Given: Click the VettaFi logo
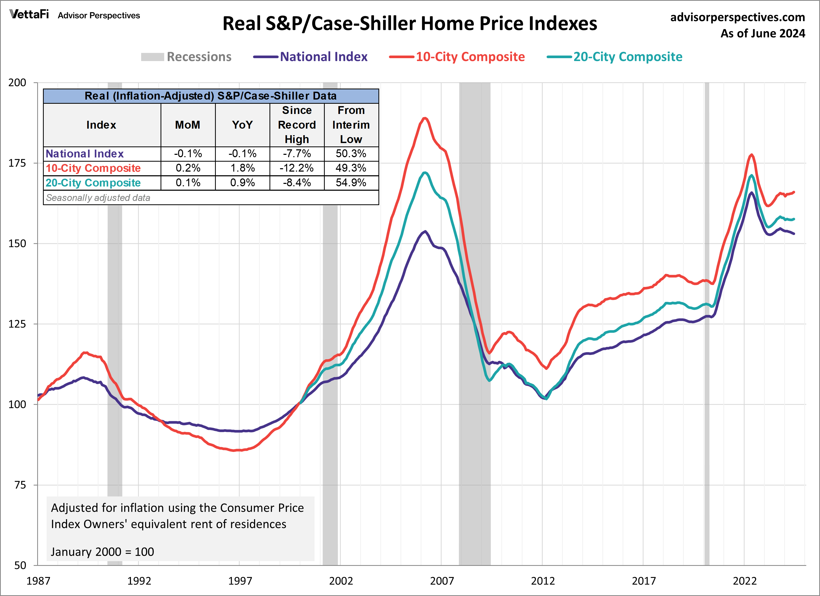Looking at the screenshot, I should coord(29,14).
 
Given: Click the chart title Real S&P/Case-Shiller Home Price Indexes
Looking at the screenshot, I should coord(410,24).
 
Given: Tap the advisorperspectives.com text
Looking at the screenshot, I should coord(737,17).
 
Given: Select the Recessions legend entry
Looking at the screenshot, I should coord(186,57).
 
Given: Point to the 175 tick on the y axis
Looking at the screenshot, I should coord(17,163).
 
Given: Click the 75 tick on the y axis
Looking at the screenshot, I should coord(20,485).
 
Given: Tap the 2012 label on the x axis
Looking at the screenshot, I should coord(542,581).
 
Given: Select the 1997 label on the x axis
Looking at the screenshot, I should coord(240,581).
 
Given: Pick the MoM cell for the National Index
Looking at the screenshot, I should coord(188,154).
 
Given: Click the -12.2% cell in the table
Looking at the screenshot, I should coord(297,168).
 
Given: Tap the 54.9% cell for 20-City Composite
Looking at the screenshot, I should coord(351,183).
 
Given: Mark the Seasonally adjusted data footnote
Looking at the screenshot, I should coord(98,198).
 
